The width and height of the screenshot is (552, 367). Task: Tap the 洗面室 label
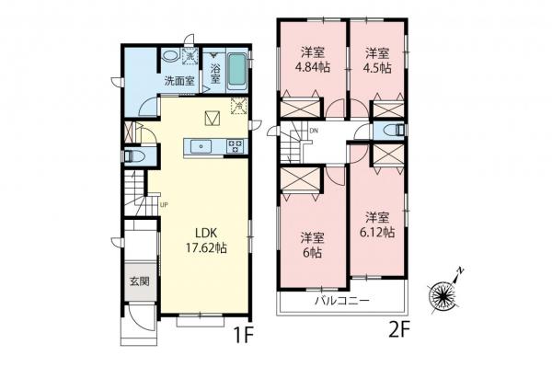point(178,81)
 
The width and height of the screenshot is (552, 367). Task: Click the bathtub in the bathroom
point(237,70)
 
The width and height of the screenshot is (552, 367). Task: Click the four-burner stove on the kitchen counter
point(235,144)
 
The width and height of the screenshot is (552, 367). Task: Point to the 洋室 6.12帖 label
point(377,224)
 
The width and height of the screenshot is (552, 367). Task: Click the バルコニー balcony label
point(342,301)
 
